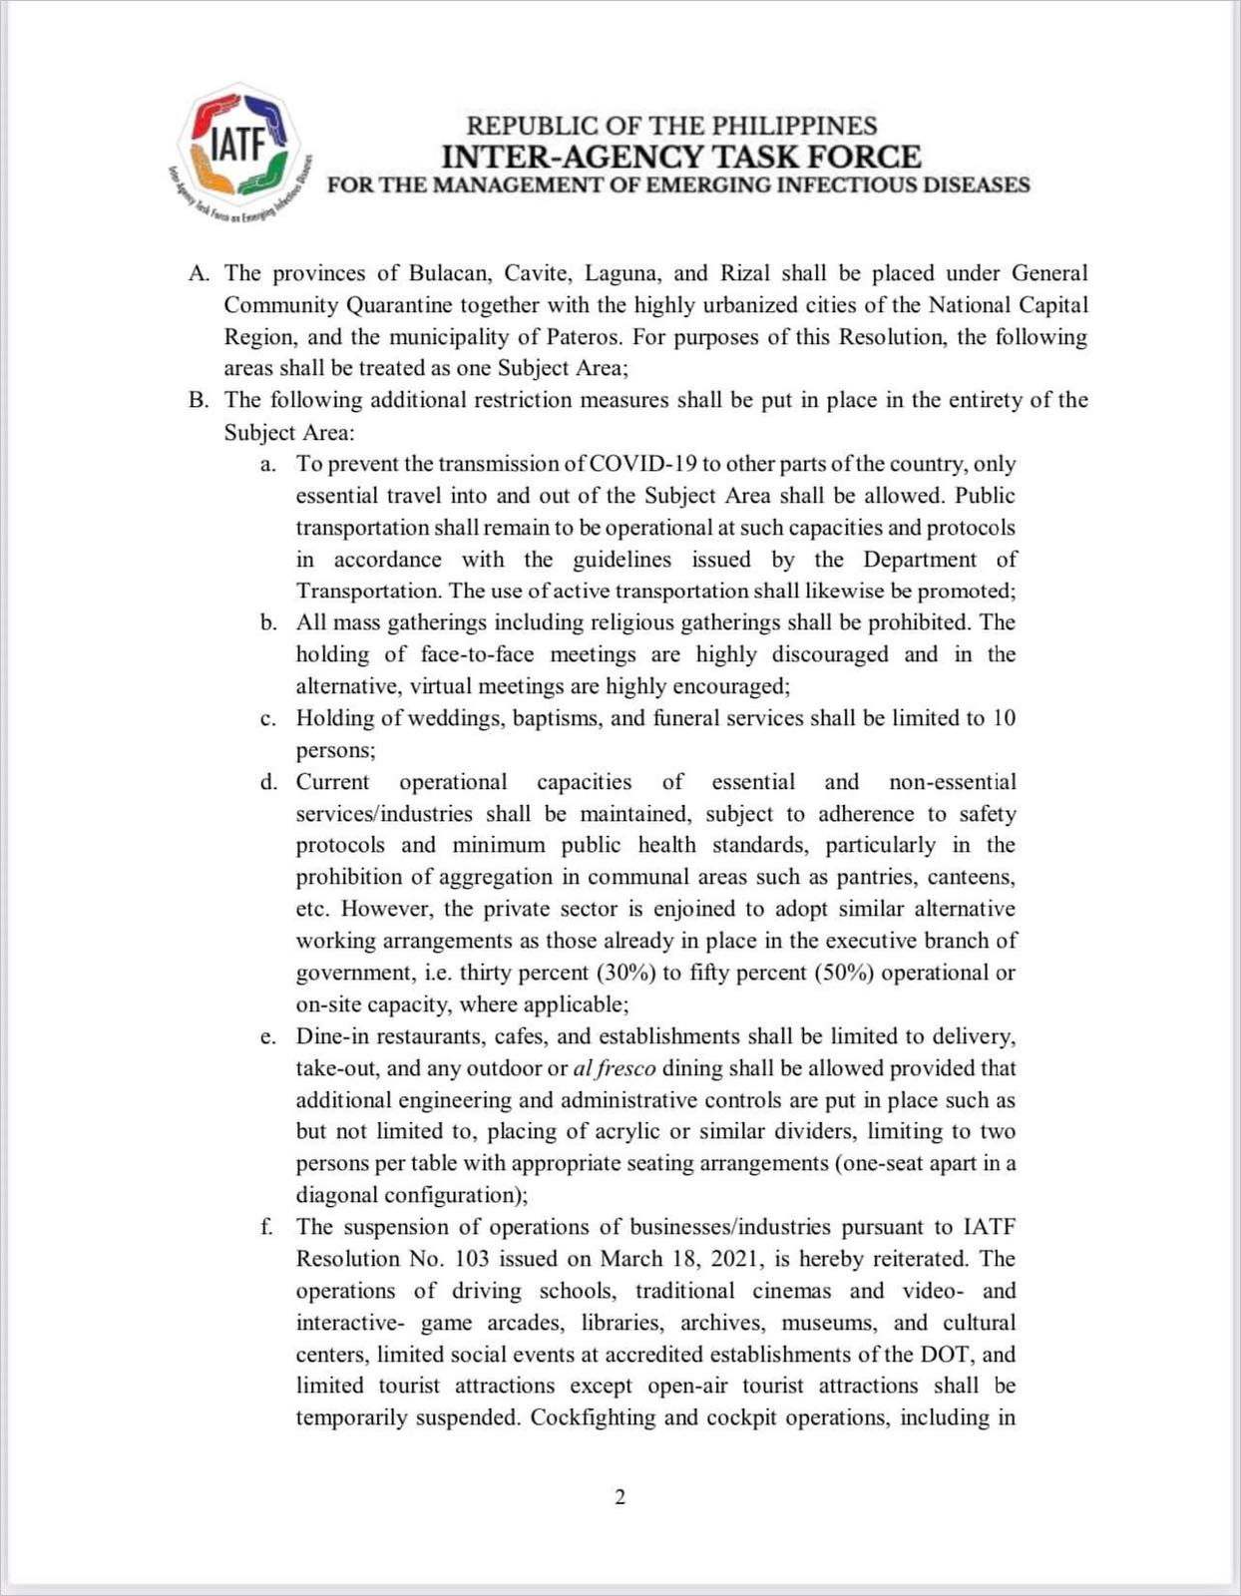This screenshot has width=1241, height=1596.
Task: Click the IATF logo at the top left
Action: [238, 146]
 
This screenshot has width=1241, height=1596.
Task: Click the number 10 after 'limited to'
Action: [1004, 718]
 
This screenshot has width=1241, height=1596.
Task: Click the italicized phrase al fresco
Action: [615, 1068]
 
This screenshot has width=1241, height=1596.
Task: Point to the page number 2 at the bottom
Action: [620, 1497]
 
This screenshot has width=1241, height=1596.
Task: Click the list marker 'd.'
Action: [268, 782]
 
